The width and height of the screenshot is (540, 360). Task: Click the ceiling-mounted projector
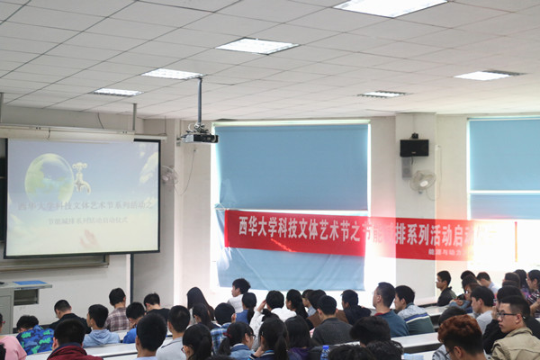coord(200,138)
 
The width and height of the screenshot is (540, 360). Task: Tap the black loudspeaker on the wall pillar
coord(414,148)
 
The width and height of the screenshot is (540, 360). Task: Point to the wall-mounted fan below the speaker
coord(422,182)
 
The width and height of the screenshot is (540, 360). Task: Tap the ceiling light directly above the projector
coord(172,74)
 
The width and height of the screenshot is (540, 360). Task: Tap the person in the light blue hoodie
coord(99,329)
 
